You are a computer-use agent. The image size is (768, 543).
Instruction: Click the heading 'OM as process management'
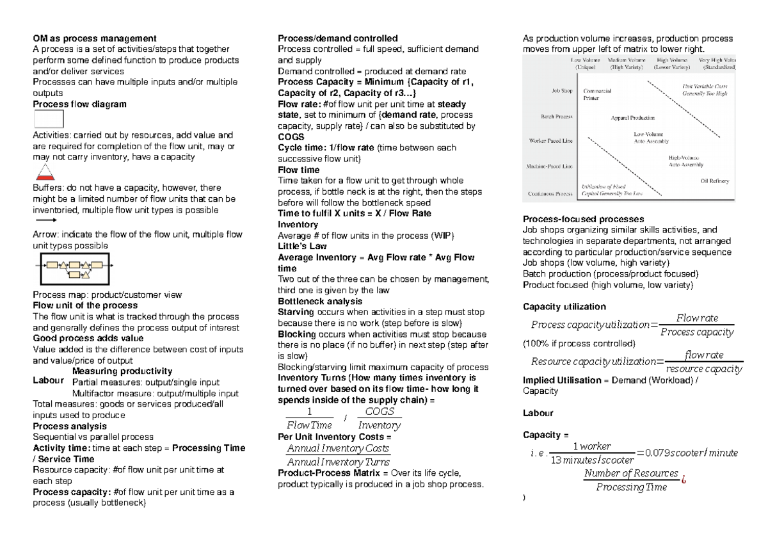(94, 38)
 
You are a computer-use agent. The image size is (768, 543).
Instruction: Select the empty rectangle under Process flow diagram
(48, 120)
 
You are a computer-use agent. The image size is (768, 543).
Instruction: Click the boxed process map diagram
(76, 268)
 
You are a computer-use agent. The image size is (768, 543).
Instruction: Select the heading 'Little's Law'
(298, 247)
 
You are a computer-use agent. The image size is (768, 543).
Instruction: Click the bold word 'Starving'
(296, 312)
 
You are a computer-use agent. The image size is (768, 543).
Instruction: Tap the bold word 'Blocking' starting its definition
(296, 334)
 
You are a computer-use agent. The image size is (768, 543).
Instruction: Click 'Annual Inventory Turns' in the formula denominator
(338, 462)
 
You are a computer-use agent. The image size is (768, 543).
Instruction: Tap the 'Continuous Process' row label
(550, 193)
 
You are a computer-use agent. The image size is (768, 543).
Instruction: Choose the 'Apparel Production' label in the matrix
(633, 118)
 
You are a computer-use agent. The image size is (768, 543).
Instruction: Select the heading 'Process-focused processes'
(574, 219)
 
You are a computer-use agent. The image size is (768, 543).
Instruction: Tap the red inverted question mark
(684, 479)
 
